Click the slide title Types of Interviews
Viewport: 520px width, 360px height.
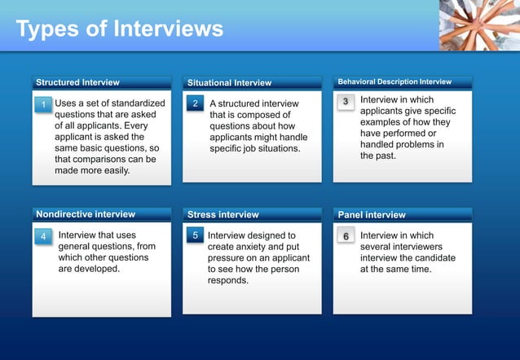(119, 29)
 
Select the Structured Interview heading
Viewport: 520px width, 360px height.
(77, 82)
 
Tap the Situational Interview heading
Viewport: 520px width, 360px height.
(229, 83)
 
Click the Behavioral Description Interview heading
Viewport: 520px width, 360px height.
(394, 81)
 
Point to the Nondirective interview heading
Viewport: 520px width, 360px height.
(86, 214)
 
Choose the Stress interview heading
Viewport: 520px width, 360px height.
(223, 215)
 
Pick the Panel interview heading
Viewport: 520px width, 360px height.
(371, 215)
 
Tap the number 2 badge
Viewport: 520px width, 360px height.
(196, 104)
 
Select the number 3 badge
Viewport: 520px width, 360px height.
(346, 102)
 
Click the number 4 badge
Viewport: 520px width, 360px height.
(44, 236)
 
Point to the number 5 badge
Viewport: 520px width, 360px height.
(196, 235)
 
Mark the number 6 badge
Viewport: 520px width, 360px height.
(346, 236)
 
